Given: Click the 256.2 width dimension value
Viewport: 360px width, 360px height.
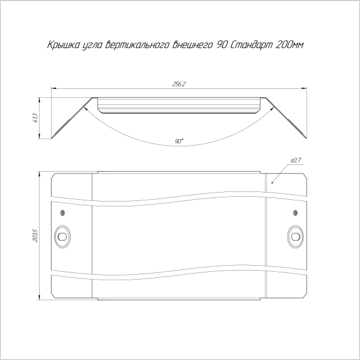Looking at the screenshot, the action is point(179,84).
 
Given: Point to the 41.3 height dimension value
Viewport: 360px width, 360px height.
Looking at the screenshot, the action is point(36,118).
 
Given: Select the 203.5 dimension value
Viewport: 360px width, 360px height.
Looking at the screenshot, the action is point(35,235).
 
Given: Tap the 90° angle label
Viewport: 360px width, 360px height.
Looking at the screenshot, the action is point(179,141).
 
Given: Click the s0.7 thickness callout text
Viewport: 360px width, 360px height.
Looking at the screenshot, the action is point(296,160).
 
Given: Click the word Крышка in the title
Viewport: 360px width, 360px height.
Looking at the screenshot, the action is point(63,45).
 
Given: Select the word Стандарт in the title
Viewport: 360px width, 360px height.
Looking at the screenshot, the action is point(250,45).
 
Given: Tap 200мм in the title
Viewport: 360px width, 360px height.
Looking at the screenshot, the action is point(289,45).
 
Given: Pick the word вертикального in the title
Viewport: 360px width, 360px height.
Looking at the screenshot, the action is point(138,45).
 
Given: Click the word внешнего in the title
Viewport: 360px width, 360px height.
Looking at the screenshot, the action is point(193,45).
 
